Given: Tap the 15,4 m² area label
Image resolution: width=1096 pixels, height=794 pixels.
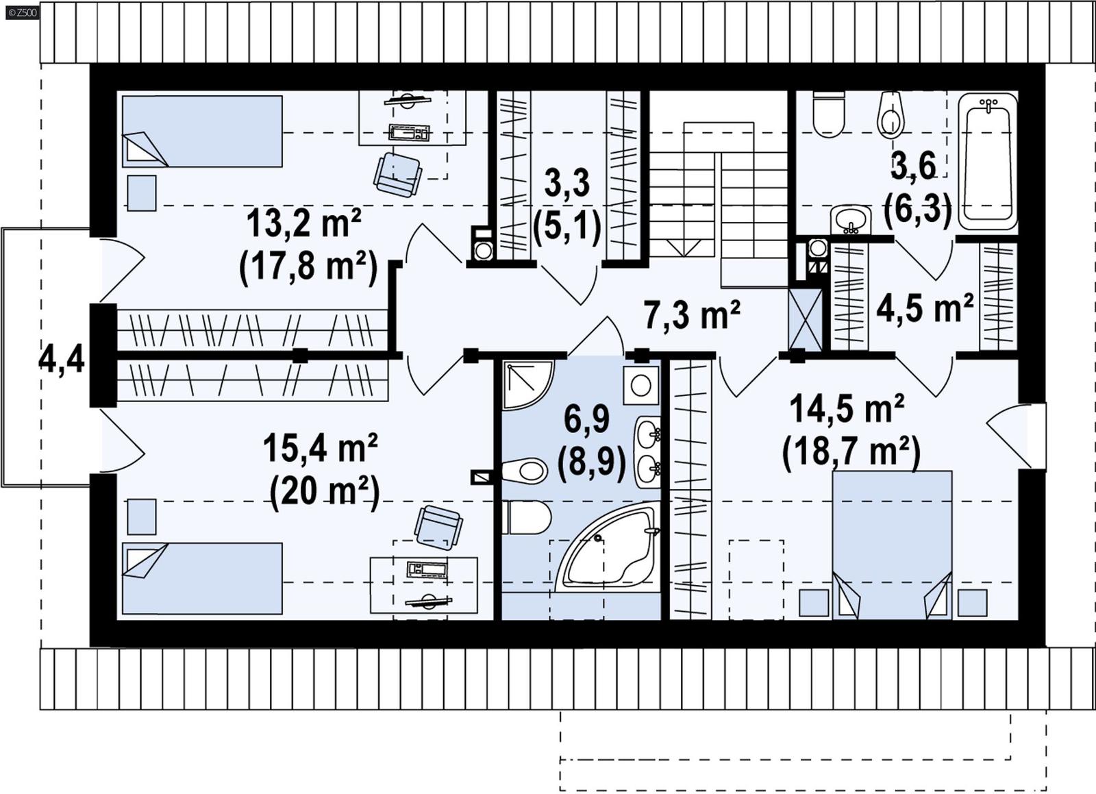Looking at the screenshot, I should (321, 449).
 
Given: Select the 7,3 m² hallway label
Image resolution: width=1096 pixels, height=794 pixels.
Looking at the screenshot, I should (692, 316).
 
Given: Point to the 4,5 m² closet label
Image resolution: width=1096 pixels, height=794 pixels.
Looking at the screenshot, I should (925, 308).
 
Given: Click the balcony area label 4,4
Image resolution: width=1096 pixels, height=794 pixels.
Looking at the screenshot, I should (61, 358).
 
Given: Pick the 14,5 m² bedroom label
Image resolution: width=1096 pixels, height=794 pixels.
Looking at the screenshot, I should (847, 410).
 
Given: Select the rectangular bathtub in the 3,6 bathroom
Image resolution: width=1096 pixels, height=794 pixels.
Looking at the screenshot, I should (987, 160).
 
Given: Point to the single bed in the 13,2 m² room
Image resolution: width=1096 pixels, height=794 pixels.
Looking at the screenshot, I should (202, 131).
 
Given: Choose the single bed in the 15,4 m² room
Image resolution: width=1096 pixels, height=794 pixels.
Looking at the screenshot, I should (202, 578).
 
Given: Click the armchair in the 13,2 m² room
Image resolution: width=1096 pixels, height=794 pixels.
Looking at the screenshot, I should (397, 174).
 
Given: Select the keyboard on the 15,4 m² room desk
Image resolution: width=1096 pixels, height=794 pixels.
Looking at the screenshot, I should (427, 569).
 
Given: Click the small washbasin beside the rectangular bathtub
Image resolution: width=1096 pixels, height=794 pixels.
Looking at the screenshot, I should (851, 221).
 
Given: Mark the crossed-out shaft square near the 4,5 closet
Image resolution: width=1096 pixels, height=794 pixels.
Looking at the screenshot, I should (805, 319).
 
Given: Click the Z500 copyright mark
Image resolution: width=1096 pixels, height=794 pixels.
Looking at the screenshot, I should (21, 10).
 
